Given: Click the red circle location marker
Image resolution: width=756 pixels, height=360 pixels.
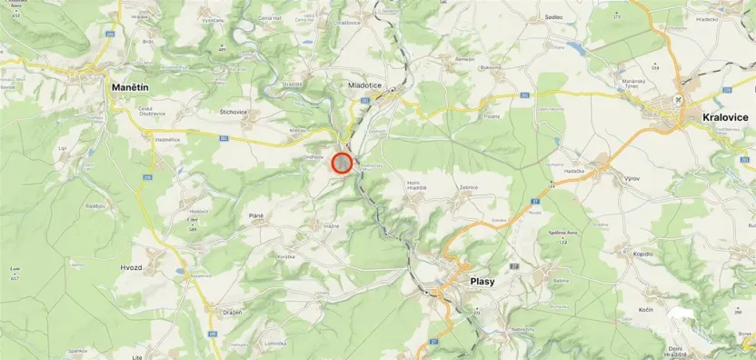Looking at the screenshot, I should (342, 163).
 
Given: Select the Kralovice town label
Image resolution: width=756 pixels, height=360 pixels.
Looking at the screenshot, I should (724, 117).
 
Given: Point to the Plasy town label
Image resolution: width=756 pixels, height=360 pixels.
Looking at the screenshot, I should (482, 281).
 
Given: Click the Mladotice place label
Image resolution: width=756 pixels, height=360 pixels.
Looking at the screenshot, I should (364, 85).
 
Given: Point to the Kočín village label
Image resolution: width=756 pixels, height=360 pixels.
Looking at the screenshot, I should (646, 310).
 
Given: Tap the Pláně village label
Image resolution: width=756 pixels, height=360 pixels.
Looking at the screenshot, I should (255, 215).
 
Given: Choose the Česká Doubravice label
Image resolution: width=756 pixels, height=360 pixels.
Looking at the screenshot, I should (151, 111).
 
